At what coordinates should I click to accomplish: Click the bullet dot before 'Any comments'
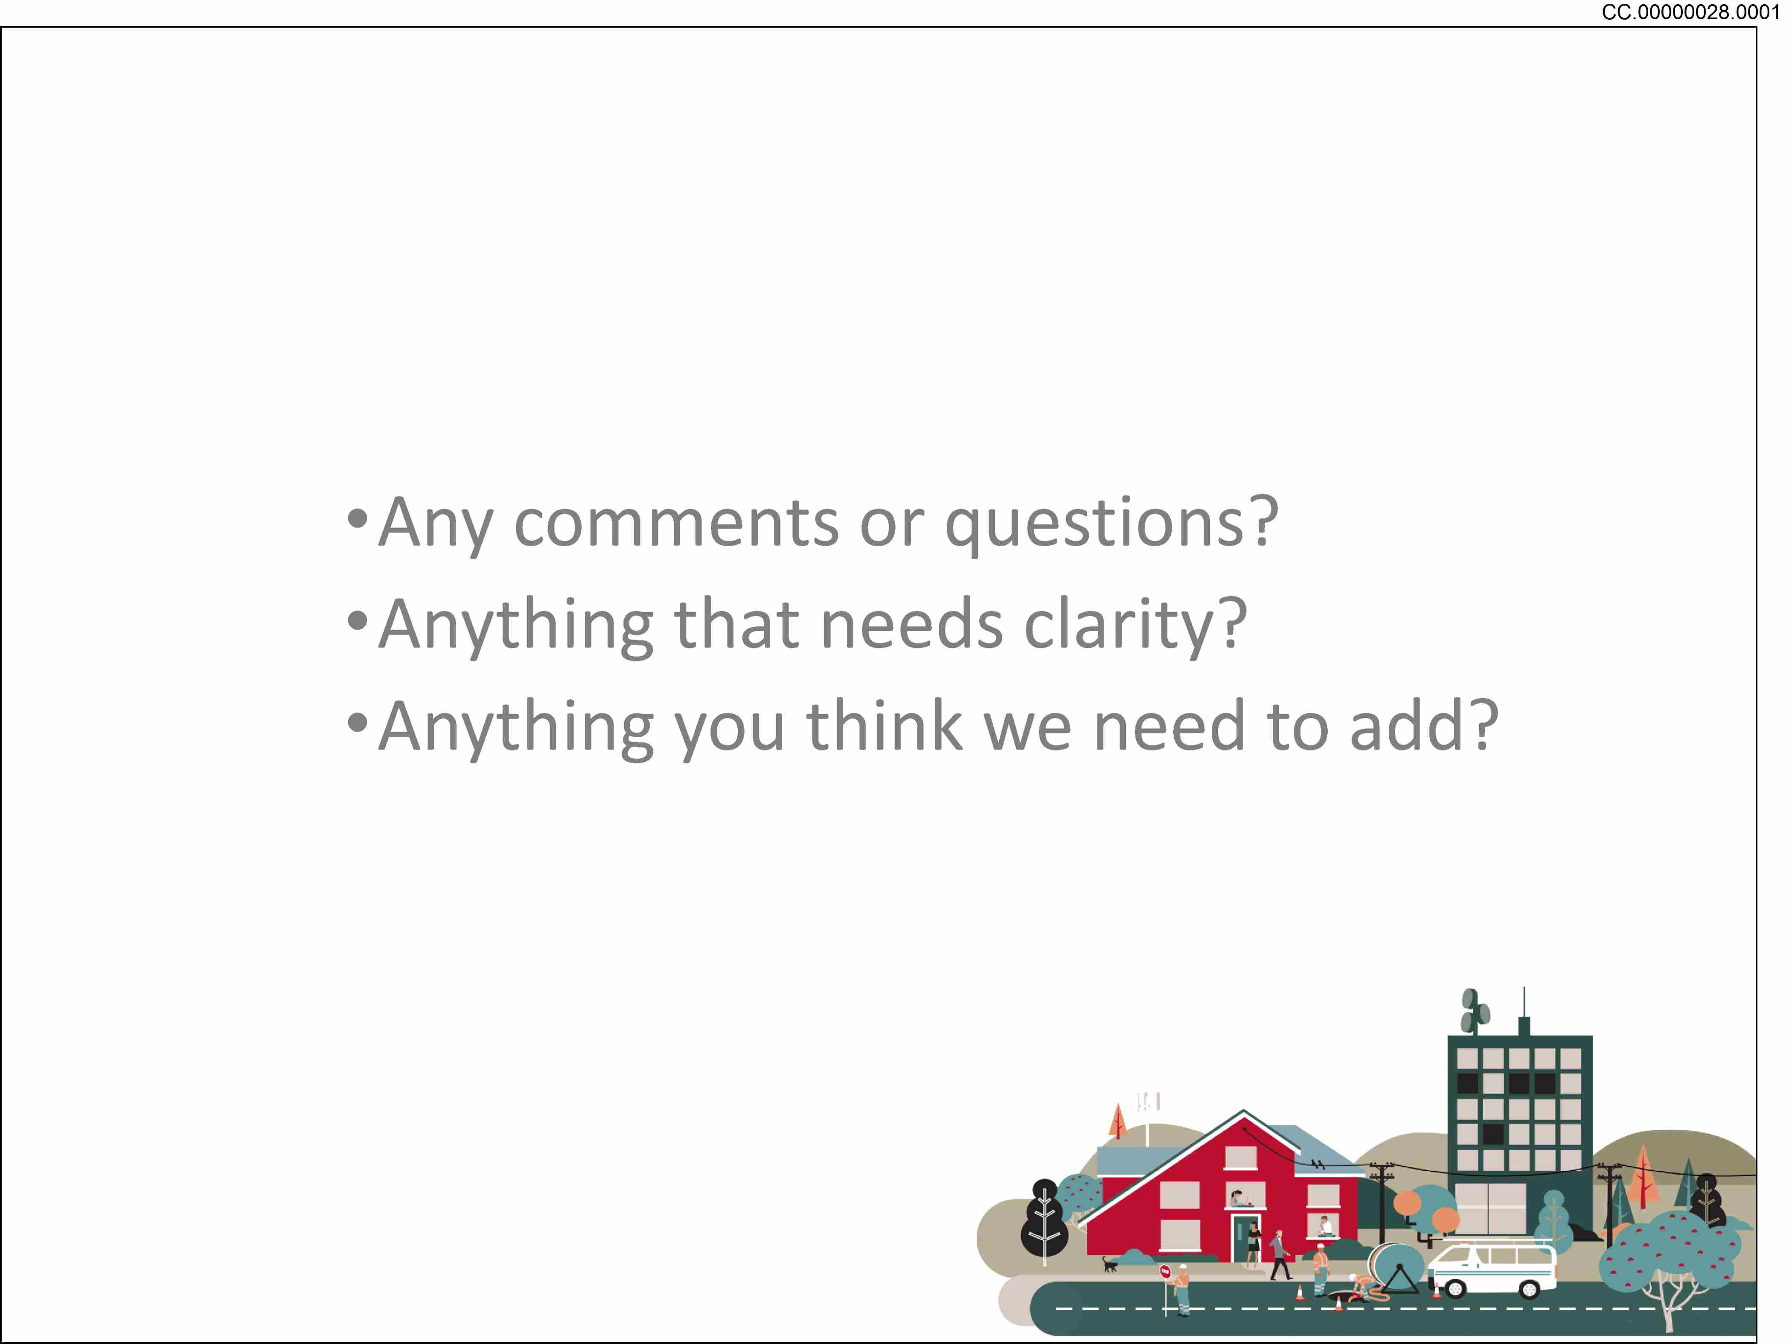click(x=357, y=518)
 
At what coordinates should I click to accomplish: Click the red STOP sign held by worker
click(x=1165, y=1271)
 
